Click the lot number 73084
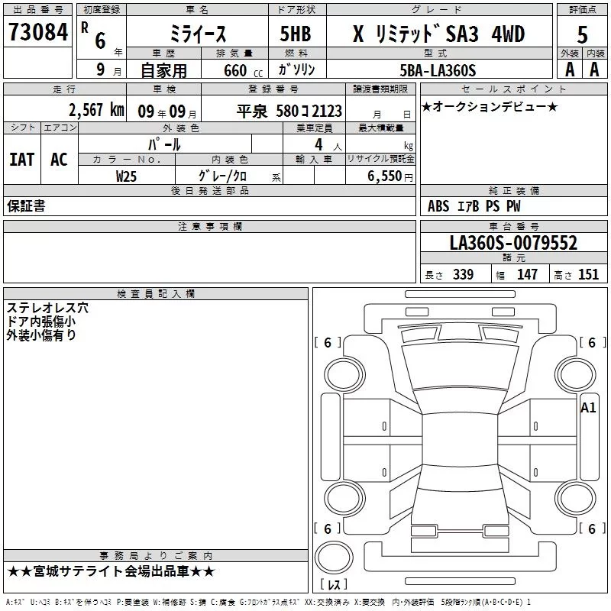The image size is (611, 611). click(37, 31)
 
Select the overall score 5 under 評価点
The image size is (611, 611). click(582, 34)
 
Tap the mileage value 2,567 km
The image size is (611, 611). click(96, 110)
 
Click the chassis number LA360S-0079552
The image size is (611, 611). click(513, 243)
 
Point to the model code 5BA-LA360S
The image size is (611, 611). click(438, 70)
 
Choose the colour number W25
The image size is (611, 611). click(126, 176)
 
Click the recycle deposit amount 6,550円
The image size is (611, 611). click(390, 176)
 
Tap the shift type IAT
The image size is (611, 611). click(22, 160)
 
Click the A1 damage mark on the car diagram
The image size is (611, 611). click(588, 408)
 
